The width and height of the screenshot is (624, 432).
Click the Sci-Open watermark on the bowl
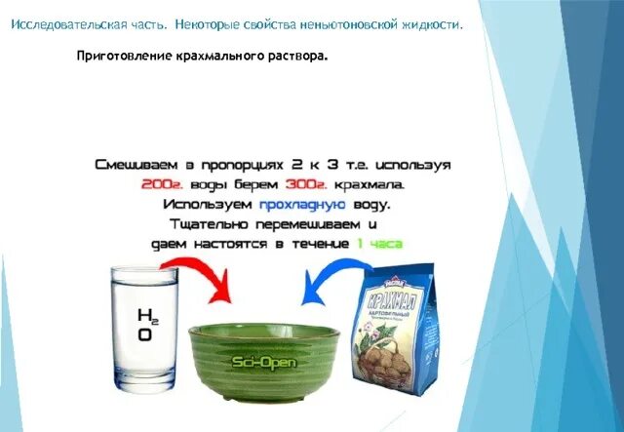(262, 363)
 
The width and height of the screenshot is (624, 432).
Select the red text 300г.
(304, 184)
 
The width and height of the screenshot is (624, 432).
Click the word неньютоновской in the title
(341, 24)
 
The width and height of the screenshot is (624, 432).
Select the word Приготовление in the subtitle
(123, 56)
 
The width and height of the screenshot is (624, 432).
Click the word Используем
(208, 205)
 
